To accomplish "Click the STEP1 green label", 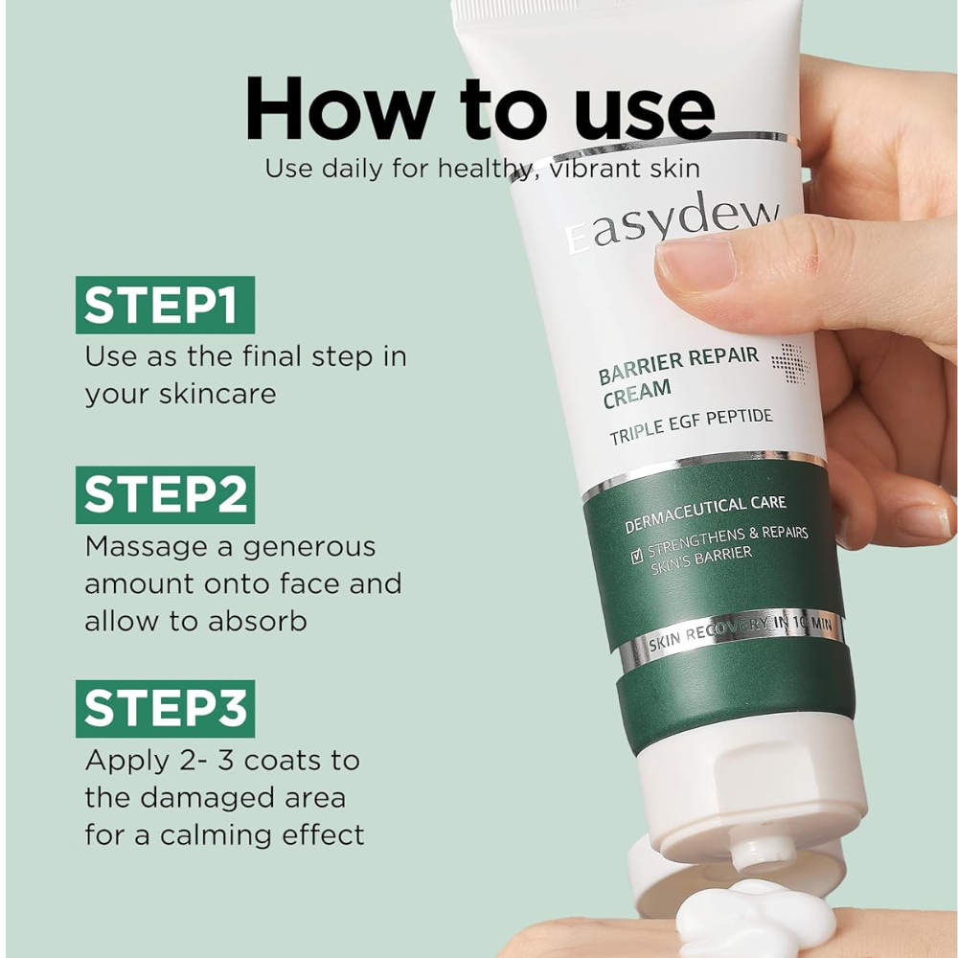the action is (x=165, y=305).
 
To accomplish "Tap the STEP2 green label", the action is (x=165, y=495).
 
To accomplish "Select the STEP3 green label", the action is (x=165, y=709).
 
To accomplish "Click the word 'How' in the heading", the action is (x=340, y=109).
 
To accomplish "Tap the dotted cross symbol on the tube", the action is (x=790, y=363).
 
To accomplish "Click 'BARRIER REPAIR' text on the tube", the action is (x=678, y=365).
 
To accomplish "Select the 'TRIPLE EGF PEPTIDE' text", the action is (x=691, y=427).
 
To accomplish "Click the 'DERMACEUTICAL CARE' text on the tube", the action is (x=705, y=513).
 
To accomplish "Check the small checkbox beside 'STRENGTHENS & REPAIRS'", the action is (x=637, y=556).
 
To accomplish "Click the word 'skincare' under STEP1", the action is (x=217, y=394).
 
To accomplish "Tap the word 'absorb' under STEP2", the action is (x=257, y=622).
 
